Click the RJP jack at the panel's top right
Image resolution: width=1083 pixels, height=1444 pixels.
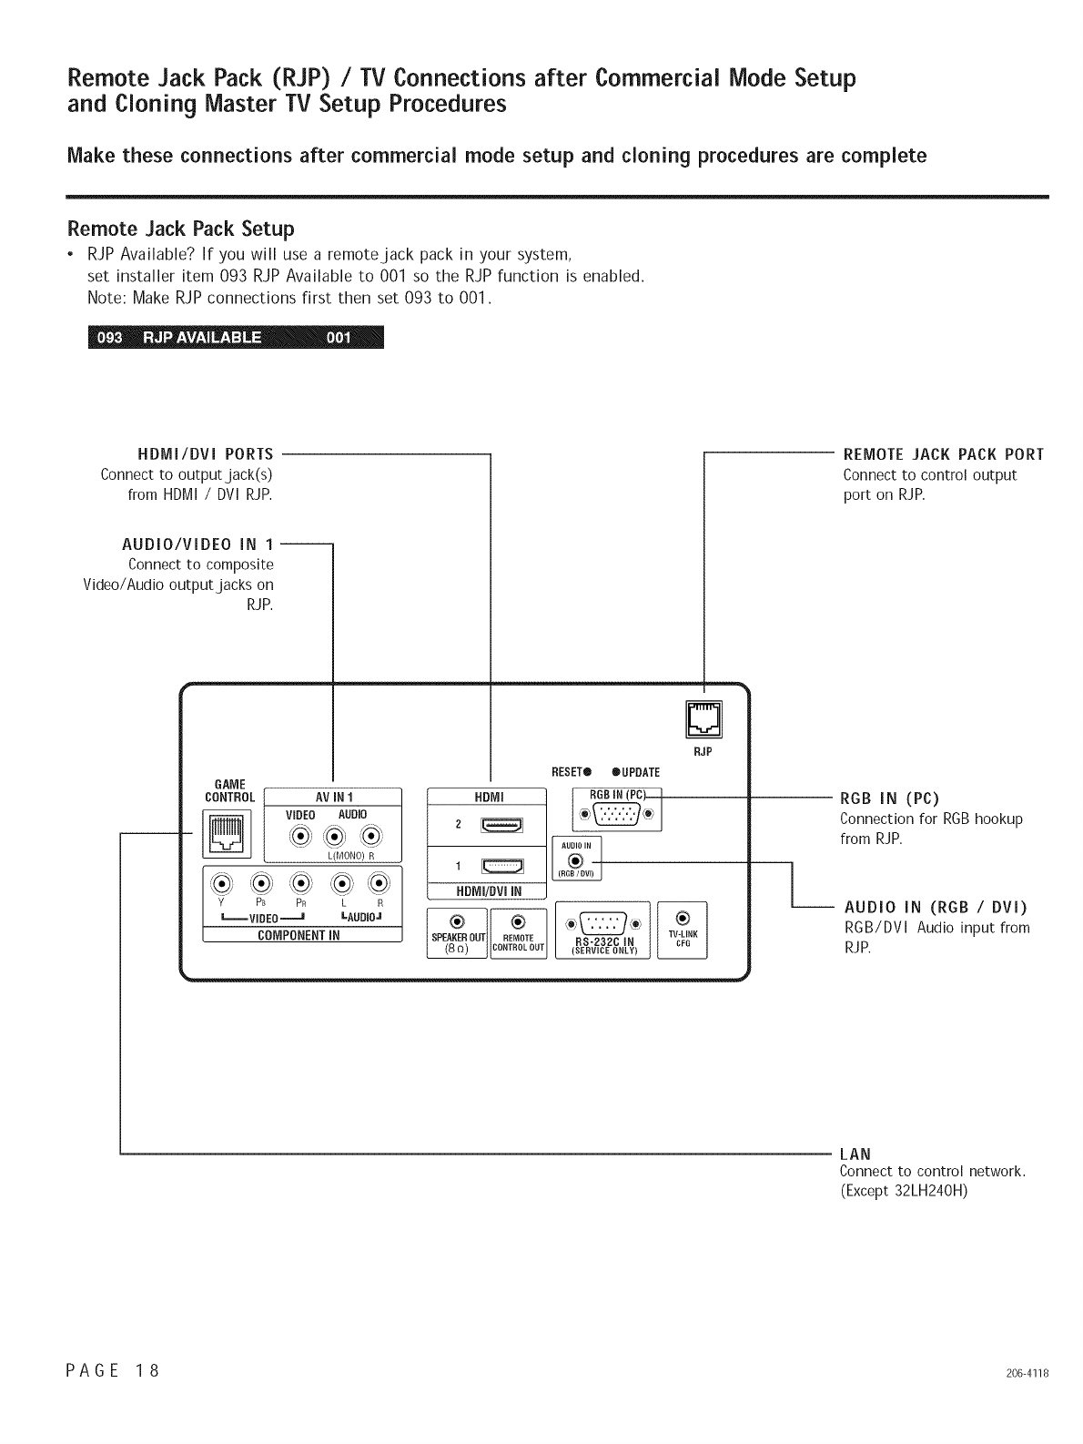pos(705,719)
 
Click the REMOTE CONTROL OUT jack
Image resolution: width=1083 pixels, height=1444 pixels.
pos(517,920)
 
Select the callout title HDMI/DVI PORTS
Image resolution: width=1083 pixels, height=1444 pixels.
pos(205,455)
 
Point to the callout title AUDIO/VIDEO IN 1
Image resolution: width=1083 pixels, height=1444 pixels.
pos(197,545)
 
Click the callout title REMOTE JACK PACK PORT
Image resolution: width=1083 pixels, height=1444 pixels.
pos(944,455)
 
